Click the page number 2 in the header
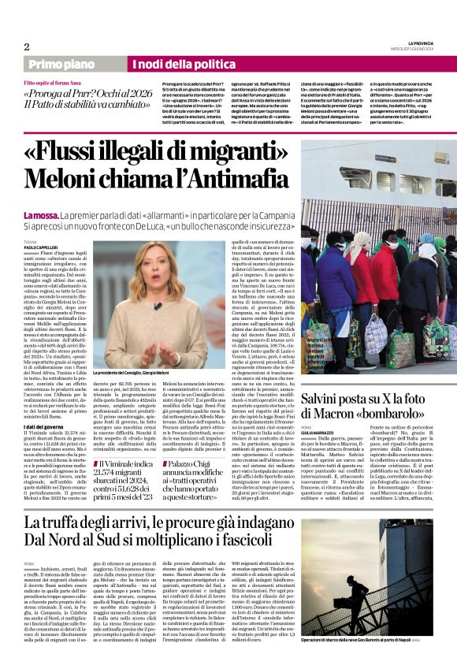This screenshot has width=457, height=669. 27,46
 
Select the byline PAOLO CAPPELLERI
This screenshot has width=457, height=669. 41,247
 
